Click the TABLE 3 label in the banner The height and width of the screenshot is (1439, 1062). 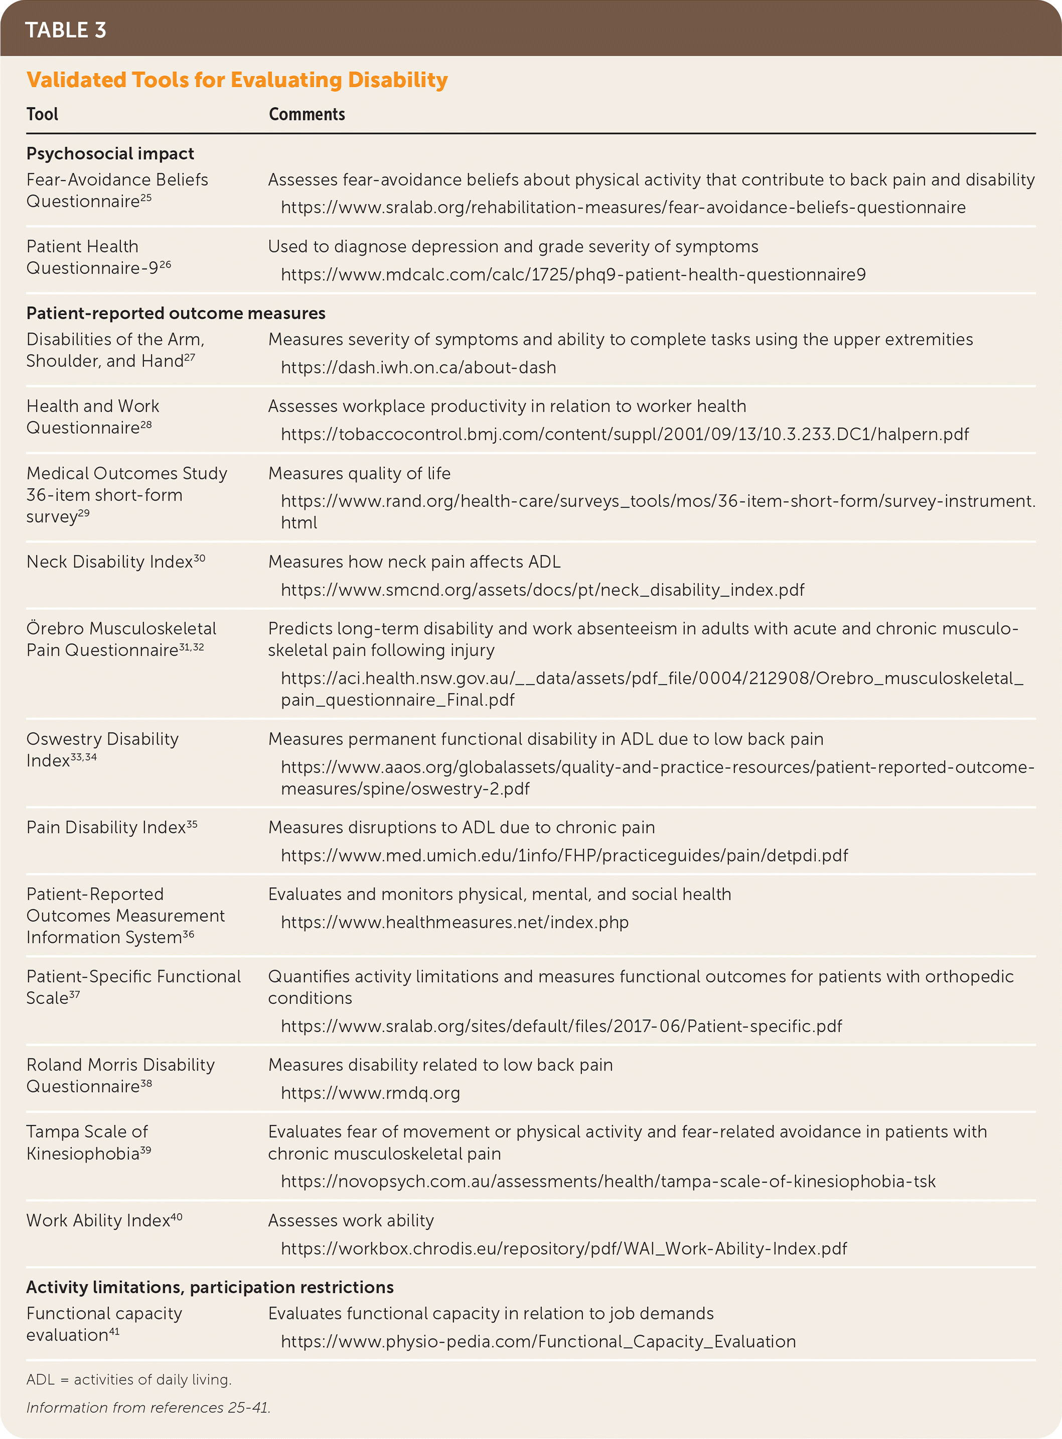tap(66, 30)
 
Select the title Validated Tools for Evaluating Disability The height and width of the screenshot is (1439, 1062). tap(237, 80)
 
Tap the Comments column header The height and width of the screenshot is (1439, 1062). tap(307, 114)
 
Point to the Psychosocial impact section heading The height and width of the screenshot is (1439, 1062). tap(110, 154)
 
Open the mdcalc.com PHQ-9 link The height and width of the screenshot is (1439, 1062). tap(573, 275)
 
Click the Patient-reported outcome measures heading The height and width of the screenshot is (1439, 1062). tap(176, 313)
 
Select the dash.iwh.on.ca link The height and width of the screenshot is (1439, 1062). tap(418, 368)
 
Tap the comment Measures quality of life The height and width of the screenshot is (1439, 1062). tap(359, 473)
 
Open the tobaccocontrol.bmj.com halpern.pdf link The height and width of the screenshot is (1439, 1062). tap(624, 434)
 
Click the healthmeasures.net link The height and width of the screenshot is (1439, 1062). tap(454, 922)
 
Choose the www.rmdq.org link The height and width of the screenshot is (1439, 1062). tap(370, 1093)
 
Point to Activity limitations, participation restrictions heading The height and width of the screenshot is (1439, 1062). tap(210, 1287)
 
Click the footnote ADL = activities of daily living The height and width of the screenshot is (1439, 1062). tap(128, 1379)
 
